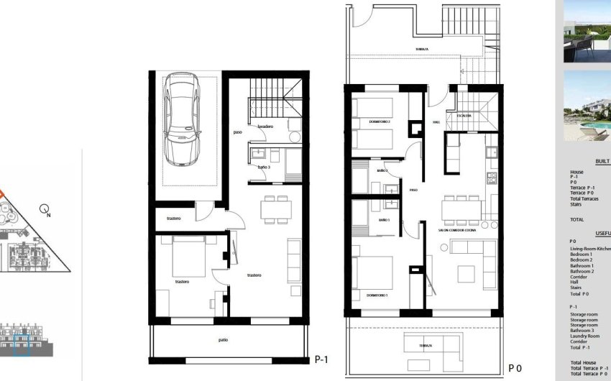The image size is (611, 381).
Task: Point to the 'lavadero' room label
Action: coord(266,127)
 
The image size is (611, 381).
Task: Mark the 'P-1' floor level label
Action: coord(322,358)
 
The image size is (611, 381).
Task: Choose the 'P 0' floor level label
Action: coord(515,368)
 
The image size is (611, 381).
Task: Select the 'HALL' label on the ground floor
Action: coord(436,122)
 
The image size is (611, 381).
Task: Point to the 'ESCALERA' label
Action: coord(464,115)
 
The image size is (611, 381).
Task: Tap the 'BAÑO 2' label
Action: coord(382,171)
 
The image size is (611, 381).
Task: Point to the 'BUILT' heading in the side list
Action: coord(602,162)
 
